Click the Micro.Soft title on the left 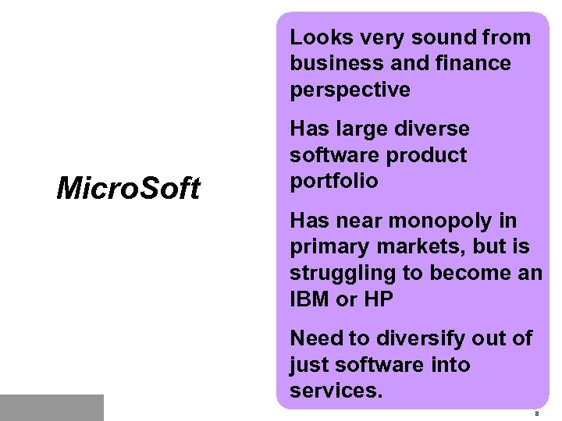(128, 189)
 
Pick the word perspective (350, 90)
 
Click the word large (364, 129)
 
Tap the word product (427, 155)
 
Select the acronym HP (378, 299)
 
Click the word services (336, 391)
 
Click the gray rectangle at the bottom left (52, 407)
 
